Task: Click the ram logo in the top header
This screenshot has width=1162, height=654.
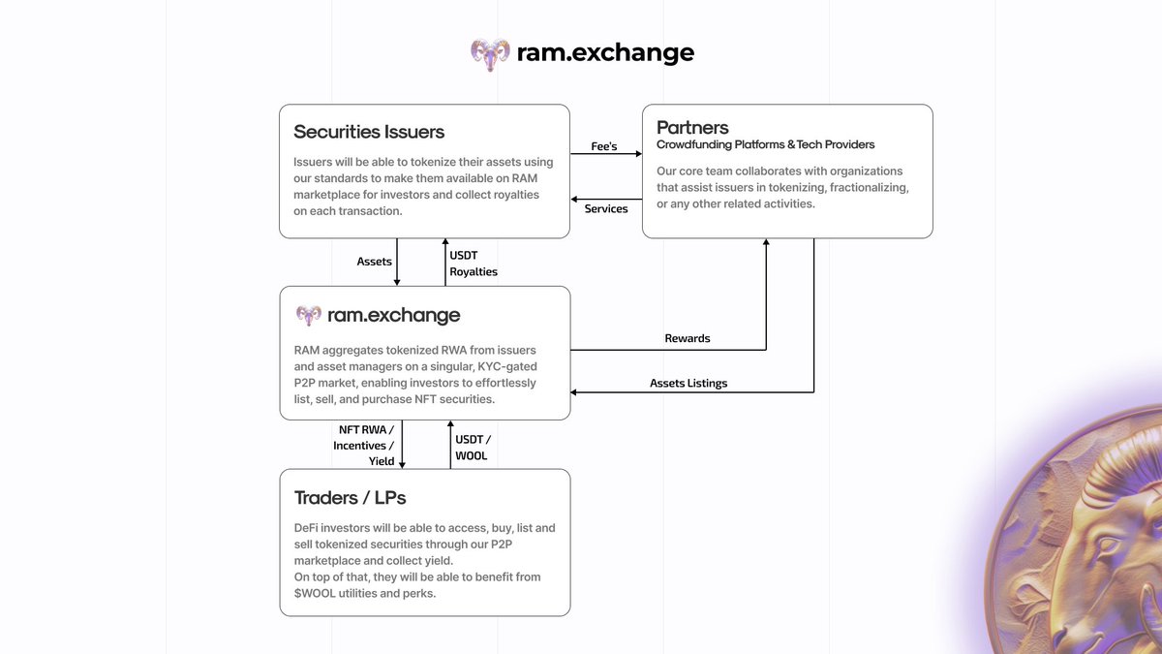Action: click(490, 53)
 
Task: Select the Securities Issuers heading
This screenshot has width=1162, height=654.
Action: click(369, 132)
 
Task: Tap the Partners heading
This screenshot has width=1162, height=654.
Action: click(692, 127)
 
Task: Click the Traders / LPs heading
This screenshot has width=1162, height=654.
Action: click(350, 498)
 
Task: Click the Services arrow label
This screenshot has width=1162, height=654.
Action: click(606, 208)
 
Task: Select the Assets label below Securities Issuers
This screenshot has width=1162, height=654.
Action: click(375, 262)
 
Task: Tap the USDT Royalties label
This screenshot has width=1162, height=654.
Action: click(474, 264)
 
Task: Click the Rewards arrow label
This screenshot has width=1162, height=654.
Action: click(688, 338)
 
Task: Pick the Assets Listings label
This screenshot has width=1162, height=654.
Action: click(688, 383)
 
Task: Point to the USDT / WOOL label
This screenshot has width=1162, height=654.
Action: click(472, 447)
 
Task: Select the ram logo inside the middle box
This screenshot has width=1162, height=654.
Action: click(309, 315)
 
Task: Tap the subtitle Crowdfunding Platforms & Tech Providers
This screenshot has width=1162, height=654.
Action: click(765, 145)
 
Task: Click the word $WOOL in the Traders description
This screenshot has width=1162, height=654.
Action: click(314, 593)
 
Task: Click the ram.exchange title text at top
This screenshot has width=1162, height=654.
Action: click(605, 52)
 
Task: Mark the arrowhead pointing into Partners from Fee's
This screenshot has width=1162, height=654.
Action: click(638, 153)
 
